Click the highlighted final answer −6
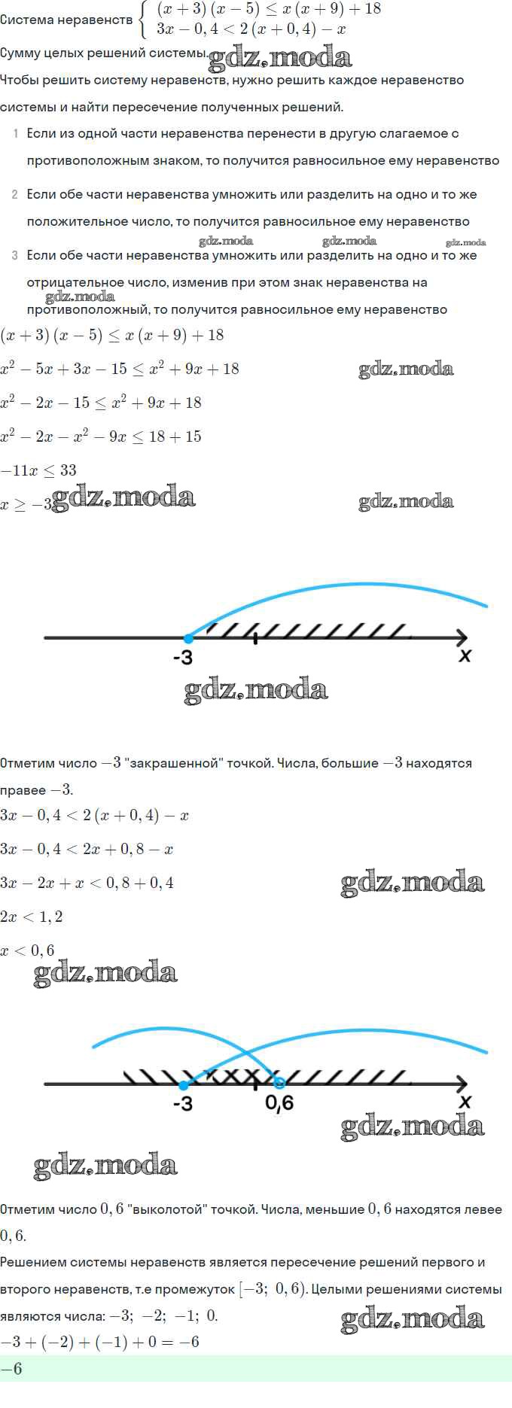[x=11, y=1369]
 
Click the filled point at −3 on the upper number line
[x=188, y=638]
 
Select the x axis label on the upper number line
[x=465, y=655]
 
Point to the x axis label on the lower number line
[x=465, y=1102]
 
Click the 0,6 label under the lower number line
[x=279, y=1103]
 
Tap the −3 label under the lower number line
[x=183, y=1104]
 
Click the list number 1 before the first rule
[x=16, y=134]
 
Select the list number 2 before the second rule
[x=15, y=195]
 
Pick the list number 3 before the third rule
[x=15, y=256]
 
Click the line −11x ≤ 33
[x=38, y=470]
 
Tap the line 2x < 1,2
[x=32, y=917]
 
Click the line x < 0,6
[x=28, y=950]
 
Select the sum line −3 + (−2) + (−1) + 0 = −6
[x=99, y=1342]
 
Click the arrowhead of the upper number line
[x=461, y=638]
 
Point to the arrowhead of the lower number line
[x=461, y=1084]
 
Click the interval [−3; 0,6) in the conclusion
[x=273, y=1289]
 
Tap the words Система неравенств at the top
[x=66, y=20]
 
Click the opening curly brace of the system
[x=143, y=20]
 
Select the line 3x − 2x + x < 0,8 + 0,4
[x=87, y=883]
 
